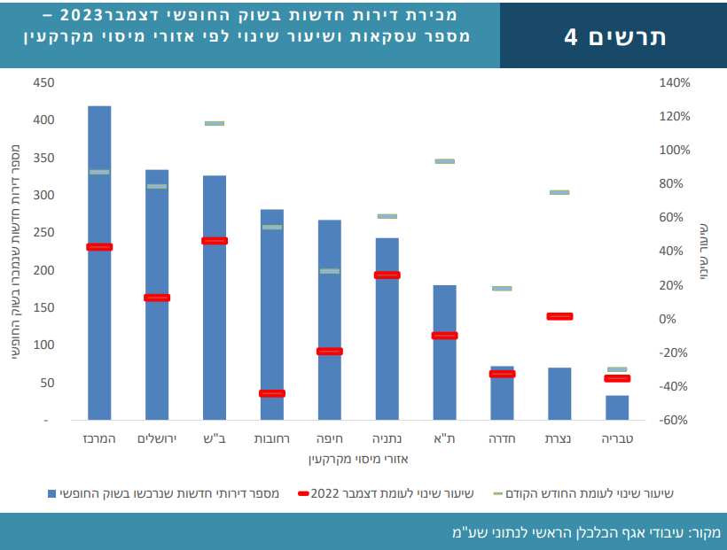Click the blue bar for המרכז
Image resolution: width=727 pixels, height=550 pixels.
(99, 266)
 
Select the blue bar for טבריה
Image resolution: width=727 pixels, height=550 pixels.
(617, 407)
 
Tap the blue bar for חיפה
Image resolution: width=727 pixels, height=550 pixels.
(330, 319)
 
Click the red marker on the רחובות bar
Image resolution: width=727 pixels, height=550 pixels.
(272, 393)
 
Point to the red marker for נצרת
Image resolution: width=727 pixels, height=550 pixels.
(560, 316)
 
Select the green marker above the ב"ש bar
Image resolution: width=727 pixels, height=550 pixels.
(215, 123)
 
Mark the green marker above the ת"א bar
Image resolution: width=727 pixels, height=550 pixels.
(444, 161)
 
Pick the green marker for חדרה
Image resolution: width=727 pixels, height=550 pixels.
(502, 289)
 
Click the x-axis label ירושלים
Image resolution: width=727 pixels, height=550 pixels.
(157, 439)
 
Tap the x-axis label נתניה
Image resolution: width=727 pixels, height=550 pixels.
(387, 439)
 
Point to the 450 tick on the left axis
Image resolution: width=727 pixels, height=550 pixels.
(43, 82)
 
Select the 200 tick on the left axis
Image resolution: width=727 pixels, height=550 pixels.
(43, 270)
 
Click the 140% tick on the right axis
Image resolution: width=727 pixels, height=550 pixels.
(674, 82)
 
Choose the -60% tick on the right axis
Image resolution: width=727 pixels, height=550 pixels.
(674, 420)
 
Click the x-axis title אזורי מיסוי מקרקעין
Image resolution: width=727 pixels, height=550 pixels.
(358, 460)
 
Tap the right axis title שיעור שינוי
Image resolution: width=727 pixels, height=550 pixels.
(703, 252)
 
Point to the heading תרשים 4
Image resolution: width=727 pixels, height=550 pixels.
(615, 36)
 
